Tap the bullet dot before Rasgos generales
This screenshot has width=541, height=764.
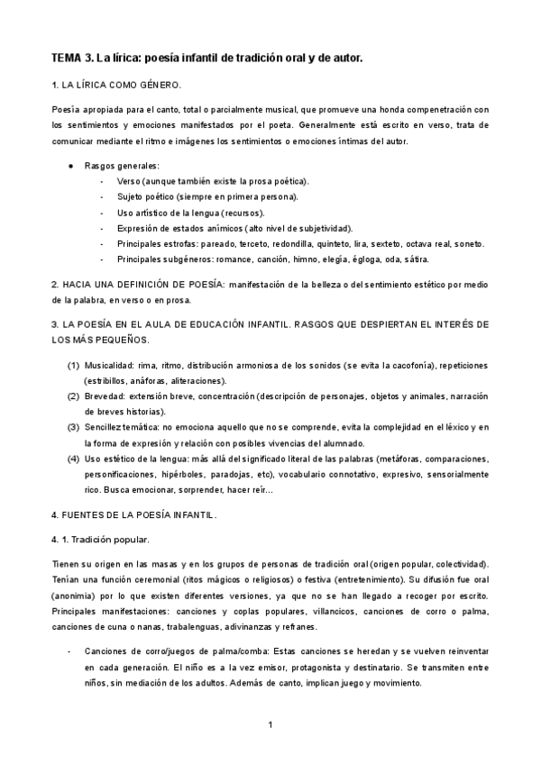[x=71, y=166]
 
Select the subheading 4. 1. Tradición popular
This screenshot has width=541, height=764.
[x=100, y=539]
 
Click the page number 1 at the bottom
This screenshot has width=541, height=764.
[x=270, y=724]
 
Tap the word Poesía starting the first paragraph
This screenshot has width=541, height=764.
[x=67, y=109]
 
